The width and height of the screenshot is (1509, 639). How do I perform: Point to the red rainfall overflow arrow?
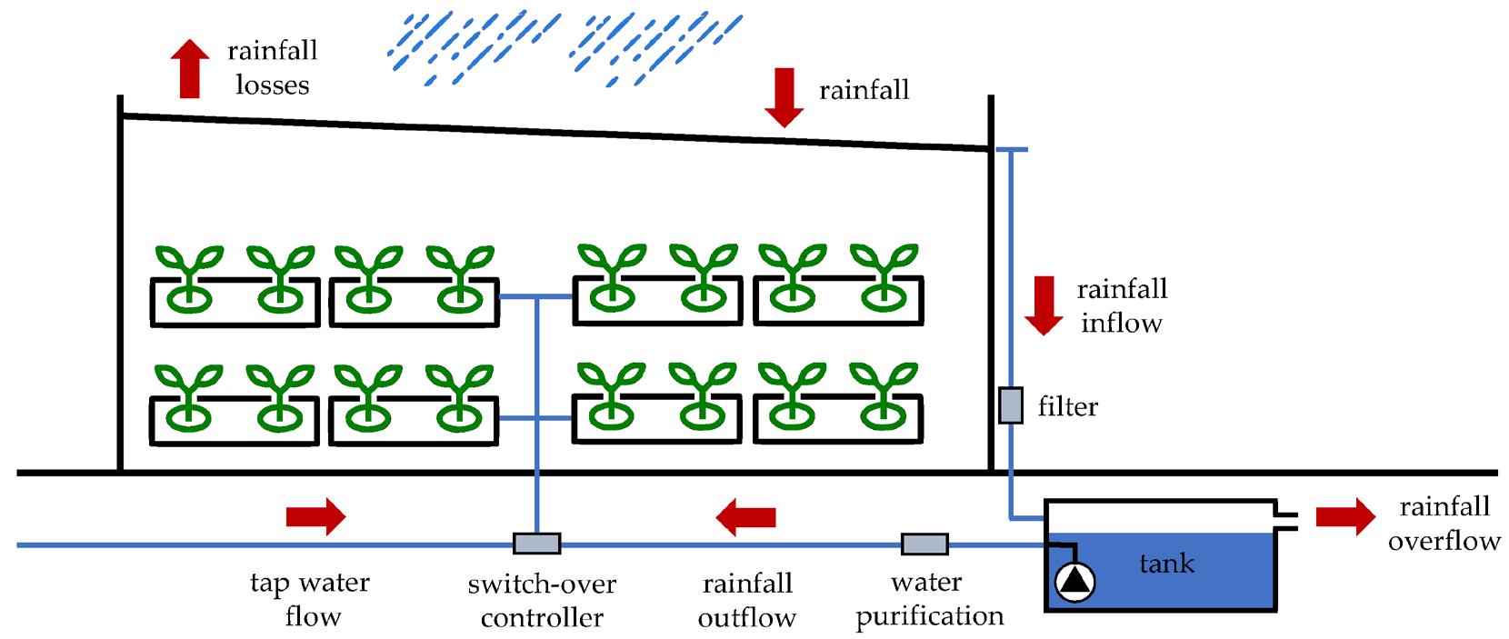pos(1346,516)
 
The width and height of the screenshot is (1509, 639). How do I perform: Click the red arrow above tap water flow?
pos(315,516)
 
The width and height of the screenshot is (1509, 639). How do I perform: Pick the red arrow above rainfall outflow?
pos(746,517)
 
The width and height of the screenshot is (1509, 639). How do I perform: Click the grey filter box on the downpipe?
pos(1011,405)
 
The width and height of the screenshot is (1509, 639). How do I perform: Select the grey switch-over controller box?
pos(536,544)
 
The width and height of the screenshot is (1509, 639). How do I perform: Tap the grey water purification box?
pos(924,544)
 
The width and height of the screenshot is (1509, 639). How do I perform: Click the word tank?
pos(1166,564)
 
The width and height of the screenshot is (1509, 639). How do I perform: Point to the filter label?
pos(1067,406)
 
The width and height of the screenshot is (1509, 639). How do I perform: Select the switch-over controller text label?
pos(542,600)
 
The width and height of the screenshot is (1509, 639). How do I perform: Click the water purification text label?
pos(929,599)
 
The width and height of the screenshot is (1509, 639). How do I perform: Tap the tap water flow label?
pos(310,599)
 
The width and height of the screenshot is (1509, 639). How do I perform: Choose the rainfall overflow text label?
pos(1444,524)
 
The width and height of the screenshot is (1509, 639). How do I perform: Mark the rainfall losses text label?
pos(272,67)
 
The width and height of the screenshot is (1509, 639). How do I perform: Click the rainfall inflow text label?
pos(1122,306)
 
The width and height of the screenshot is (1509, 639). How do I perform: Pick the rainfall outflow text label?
pos(747,600)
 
